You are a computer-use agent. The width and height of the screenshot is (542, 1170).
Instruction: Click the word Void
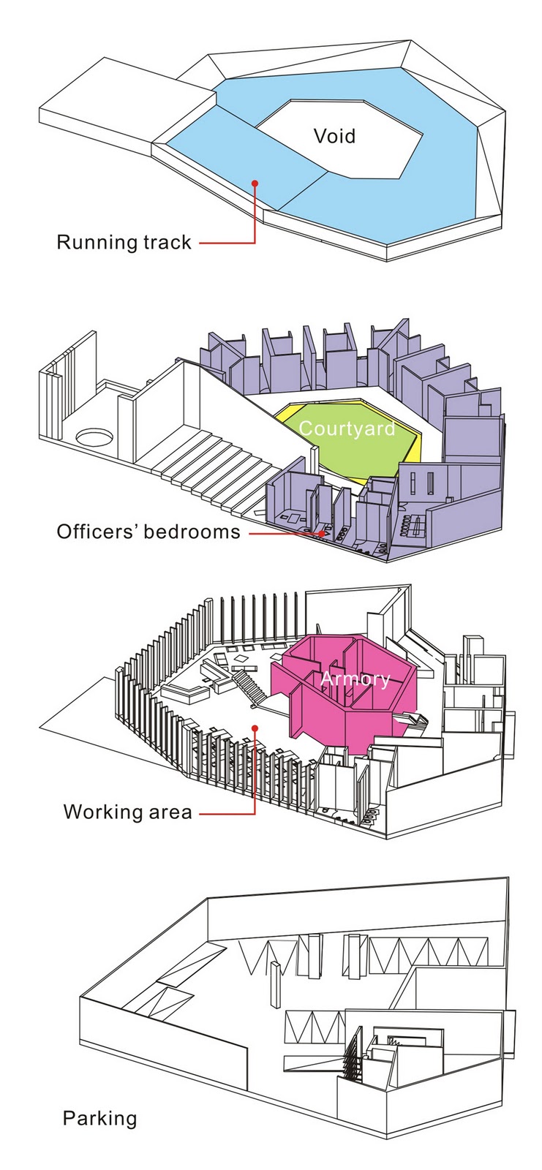click(334, 136)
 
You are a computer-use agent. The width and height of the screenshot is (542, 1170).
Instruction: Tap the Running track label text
click(124, 243)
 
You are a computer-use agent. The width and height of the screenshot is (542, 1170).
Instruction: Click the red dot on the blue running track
click(255, 183)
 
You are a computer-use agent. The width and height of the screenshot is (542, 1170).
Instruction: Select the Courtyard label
click(347, 429)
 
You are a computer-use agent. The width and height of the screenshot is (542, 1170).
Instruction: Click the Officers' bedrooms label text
click(148, 532)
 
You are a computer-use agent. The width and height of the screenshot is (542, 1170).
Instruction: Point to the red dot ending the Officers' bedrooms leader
click(321, 534)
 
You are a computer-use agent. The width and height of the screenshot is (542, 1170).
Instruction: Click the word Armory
click(355, 679)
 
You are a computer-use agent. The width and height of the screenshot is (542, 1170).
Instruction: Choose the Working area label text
click(127, 812)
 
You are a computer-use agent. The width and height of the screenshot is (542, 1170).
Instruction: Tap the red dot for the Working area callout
click(255, 727)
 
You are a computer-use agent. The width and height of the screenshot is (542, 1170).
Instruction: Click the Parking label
click(99, 1118)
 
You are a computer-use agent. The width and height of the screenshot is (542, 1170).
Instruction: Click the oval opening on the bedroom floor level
click(94, 437)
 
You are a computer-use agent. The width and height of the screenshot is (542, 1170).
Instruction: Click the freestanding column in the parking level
click(275, 984)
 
